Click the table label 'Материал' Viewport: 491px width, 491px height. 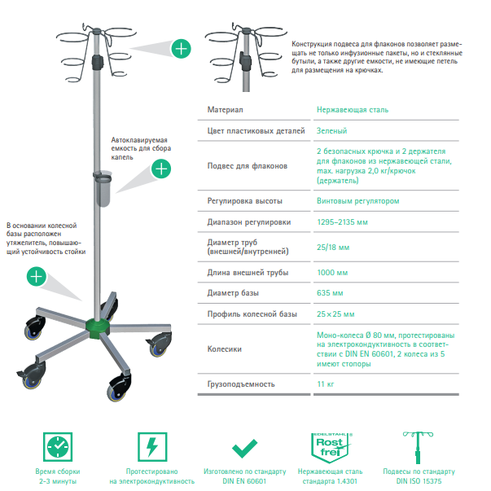click(226, 109)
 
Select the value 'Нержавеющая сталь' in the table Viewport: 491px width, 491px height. click(353, 109)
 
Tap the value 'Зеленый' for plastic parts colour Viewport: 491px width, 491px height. click(332, 130)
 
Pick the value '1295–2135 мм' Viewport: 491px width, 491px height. click(342, 222)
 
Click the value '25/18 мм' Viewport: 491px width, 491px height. click(333, 247)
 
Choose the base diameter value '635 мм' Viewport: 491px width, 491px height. click(330, 293)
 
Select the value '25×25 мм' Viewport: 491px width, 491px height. click(335, 314)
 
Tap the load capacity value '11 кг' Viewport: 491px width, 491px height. click(326, 384)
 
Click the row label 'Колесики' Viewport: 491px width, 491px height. click(225, 349)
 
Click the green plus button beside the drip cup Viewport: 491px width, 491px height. click(162, 169)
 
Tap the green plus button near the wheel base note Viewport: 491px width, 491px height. click(36, 275)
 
